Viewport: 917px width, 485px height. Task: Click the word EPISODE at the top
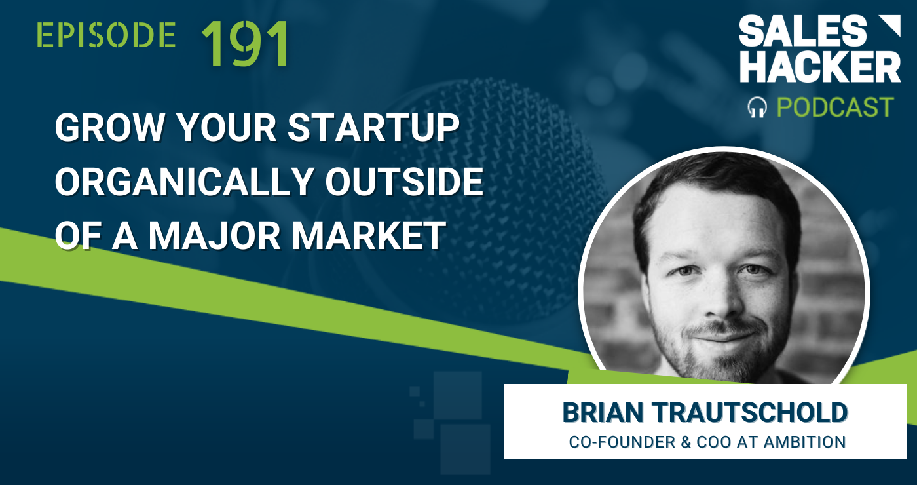(106, 35)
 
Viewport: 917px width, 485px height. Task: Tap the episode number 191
(246, 44)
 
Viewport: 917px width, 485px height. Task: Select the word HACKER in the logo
(820, 67)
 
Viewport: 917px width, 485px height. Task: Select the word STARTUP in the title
(375, 129)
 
